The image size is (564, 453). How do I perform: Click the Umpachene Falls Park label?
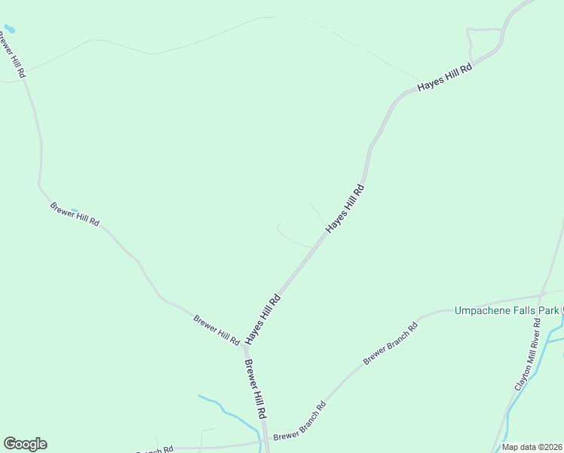coord(506,310)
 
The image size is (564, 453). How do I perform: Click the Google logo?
coord(25,444)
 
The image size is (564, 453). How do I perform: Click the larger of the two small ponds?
coord(9,29)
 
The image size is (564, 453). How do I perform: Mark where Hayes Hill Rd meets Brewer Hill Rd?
coord(245,347)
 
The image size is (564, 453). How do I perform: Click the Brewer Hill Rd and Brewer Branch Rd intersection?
coord(266,441)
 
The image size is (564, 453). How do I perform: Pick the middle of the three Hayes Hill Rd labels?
coord(345,208)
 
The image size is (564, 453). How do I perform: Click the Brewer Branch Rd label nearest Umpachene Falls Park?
coord(391,344)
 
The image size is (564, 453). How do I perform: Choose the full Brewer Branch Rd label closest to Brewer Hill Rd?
coord(299,421)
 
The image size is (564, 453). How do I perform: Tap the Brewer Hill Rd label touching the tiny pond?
coord(75,214)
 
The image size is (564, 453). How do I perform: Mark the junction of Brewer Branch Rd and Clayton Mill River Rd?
coord(541,293)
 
